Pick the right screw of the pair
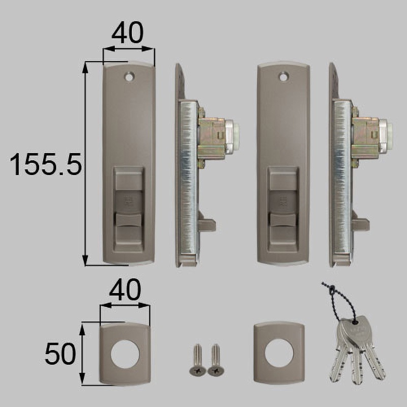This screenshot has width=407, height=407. coord(215,359)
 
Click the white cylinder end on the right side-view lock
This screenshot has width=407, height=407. coord(386,136)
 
